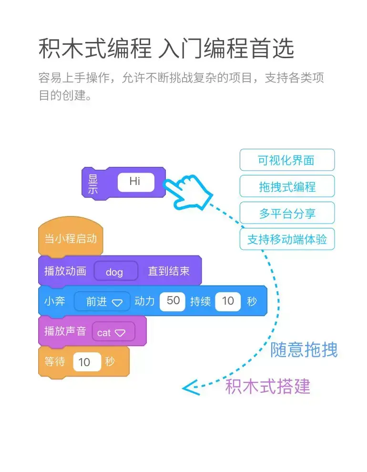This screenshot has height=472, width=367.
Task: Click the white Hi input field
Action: (x=136, y=182)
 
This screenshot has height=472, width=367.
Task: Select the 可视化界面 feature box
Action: (x=287, y=160)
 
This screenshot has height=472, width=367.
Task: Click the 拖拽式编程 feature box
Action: (x=287, y=186)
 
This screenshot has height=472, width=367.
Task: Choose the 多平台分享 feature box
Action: (x=287, y=213)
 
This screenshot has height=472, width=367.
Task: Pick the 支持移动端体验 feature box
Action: (x=287, y=239)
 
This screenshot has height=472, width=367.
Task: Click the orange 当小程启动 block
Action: (x=71, y=238)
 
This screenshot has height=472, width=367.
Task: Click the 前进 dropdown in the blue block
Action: (x=102, y=301)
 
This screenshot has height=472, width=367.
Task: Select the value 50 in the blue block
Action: (x=173, y=301)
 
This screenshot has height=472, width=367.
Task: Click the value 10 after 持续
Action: (x=228, y=301)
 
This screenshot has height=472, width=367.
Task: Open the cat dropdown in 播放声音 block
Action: (x=113, y=332)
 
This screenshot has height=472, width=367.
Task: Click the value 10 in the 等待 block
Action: (x=86, y=362)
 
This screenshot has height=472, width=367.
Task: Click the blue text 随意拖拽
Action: (x=304, y=350)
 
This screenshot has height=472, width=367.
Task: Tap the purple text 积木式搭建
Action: (x=267, y=386)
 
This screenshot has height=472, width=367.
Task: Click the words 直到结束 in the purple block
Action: (x=168, y=271)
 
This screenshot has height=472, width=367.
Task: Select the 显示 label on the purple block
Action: (x=93, y=184)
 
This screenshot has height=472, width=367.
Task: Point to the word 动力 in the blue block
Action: (x=145, y=301)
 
